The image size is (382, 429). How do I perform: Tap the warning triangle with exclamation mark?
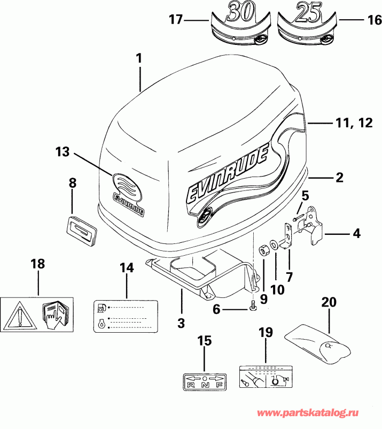[x=19, y=315]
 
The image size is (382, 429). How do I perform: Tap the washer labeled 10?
[x=274, y=246]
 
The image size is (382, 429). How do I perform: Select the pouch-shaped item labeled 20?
[x=317, y=341]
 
